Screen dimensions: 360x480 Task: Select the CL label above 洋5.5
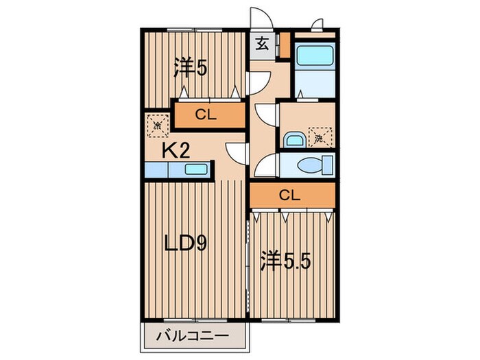pyautogui.click(x=291, y=195)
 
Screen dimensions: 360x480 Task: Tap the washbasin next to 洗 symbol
pyautogui.click(x=293, y=139)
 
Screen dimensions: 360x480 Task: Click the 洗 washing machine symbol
pyautogui.click(x=320, y=137)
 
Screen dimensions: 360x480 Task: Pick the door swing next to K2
pyautogui.click(x=236, y=152)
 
